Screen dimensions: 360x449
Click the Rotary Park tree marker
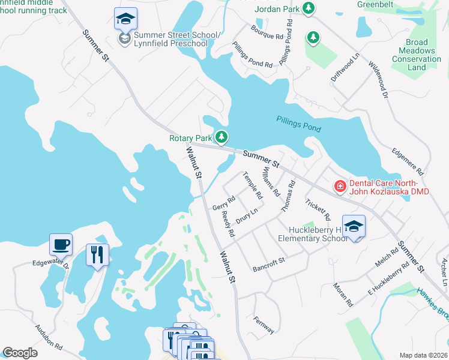pos(222,138)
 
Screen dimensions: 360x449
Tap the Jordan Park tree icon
pos(309,8)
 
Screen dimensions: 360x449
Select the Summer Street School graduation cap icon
pos(125,19)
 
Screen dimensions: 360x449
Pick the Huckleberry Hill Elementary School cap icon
pos(354,227)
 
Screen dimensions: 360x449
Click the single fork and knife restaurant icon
pos(97,255)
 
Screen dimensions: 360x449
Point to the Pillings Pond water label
pos(298,124)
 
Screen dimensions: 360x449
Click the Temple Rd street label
pos(253,186)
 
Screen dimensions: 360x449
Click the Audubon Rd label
pos(49,337)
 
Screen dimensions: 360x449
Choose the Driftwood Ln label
pos(345,67)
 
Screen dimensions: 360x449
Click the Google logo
pos(19,353)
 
